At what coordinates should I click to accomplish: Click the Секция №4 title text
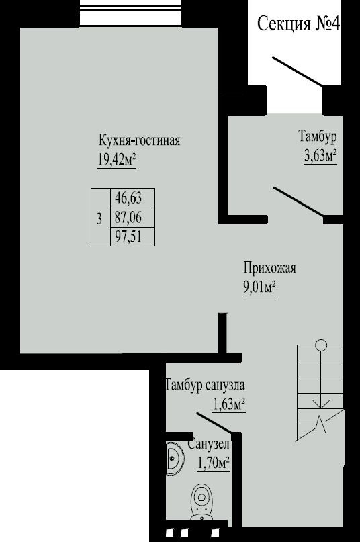299,24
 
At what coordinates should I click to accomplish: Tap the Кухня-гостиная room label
140,140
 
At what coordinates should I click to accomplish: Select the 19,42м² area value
117,159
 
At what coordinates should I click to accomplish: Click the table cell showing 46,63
132,198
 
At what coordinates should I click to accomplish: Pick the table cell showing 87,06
132,218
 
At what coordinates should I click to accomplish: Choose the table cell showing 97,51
132,237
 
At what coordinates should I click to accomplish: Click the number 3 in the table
99,218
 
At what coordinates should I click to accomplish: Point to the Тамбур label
318,136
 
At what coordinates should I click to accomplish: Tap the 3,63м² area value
320,156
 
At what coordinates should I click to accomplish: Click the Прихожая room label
270,268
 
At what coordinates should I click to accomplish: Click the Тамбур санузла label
206,384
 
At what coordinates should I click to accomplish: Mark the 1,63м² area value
229,404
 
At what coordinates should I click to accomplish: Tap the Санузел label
208,444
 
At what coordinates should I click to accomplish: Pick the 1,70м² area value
214,463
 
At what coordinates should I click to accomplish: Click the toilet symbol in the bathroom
201,502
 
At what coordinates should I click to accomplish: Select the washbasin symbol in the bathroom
175,458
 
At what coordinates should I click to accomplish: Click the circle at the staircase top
321,345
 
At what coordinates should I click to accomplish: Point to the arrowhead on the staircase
321,404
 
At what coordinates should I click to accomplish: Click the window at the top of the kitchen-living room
131,13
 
